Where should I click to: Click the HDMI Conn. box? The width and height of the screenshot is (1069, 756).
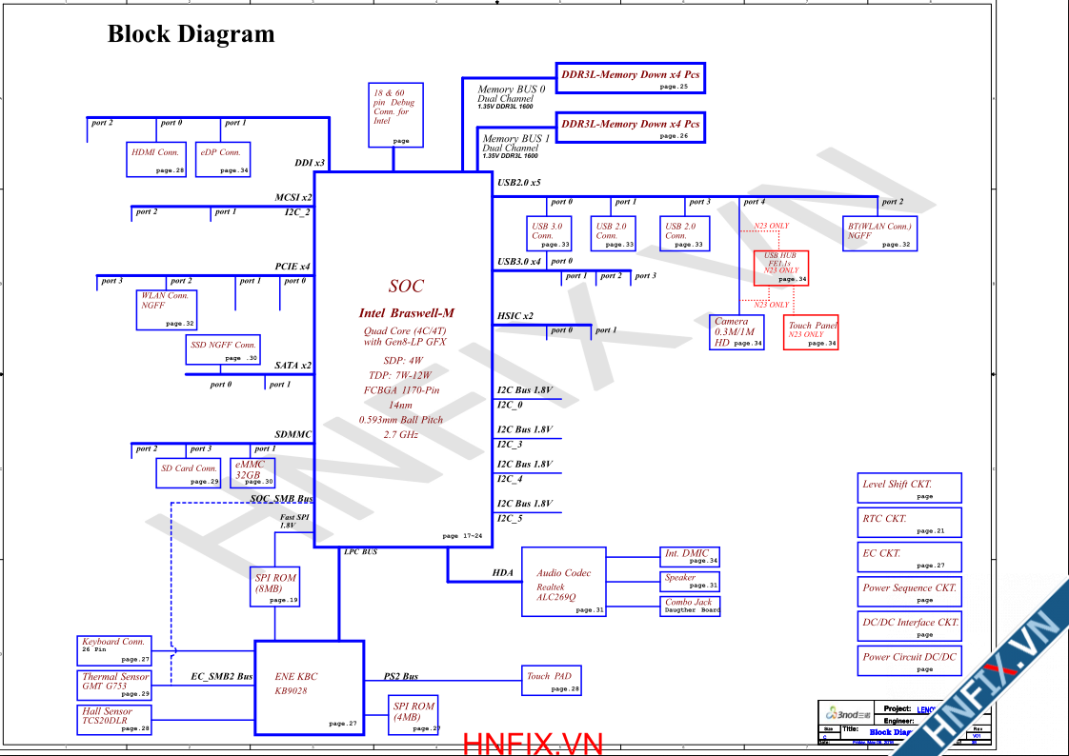pos(155,159)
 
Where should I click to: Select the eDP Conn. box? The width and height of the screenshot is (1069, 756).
pos(223,159)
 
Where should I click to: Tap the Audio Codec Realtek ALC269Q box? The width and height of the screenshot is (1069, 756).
pos(564,581)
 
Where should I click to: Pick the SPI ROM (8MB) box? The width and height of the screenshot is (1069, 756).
pos(275,587)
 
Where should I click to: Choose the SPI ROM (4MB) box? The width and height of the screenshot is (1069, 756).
pos(414,715)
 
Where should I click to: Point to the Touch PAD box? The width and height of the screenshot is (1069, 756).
pos(552,681)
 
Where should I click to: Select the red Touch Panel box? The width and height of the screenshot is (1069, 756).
pos(811,332)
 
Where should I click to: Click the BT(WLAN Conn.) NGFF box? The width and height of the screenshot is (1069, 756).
pos(879,234)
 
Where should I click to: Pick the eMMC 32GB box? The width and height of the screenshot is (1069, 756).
pos(254,472)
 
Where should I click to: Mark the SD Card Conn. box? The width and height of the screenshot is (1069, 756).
pos(191,472)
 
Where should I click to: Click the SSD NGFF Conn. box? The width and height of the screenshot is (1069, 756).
pos(223,349)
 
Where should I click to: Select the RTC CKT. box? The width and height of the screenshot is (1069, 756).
pos(911,523)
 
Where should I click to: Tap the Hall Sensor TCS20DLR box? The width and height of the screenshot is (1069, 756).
pos(115,719)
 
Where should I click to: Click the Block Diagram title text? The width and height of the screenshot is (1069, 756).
pos(191,34)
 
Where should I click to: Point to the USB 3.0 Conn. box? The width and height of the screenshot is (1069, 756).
pos(551,234)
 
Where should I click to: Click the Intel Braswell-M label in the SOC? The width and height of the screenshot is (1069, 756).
pos(407,313)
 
